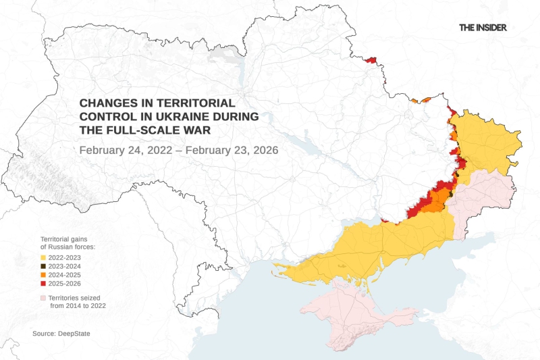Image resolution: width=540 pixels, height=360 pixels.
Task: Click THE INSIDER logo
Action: point(483,28)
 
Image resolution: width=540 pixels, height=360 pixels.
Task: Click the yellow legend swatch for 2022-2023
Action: point(43,257)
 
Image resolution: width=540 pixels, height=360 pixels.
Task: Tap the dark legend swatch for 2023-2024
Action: point(43,266)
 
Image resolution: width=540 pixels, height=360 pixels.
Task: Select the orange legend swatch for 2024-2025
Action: point(43,275)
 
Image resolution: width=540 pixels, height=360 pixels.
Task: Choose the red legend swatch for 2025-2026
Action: point(43,284)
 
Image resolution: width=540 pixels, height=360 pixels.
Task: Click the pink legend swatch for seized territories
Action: point(43,297)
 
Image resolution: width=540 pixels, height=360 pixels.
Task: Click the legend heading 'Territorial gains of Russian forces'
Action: point(67,244)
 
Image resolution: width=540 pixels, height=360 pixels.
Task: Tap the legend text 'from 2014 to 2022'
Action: point(78,306)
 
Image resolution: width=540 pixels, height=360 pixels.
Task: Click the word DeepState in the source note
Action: point(75,334)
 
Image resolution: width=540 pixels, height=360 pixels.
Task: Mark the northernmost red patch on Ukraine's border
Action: point(369,61)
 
